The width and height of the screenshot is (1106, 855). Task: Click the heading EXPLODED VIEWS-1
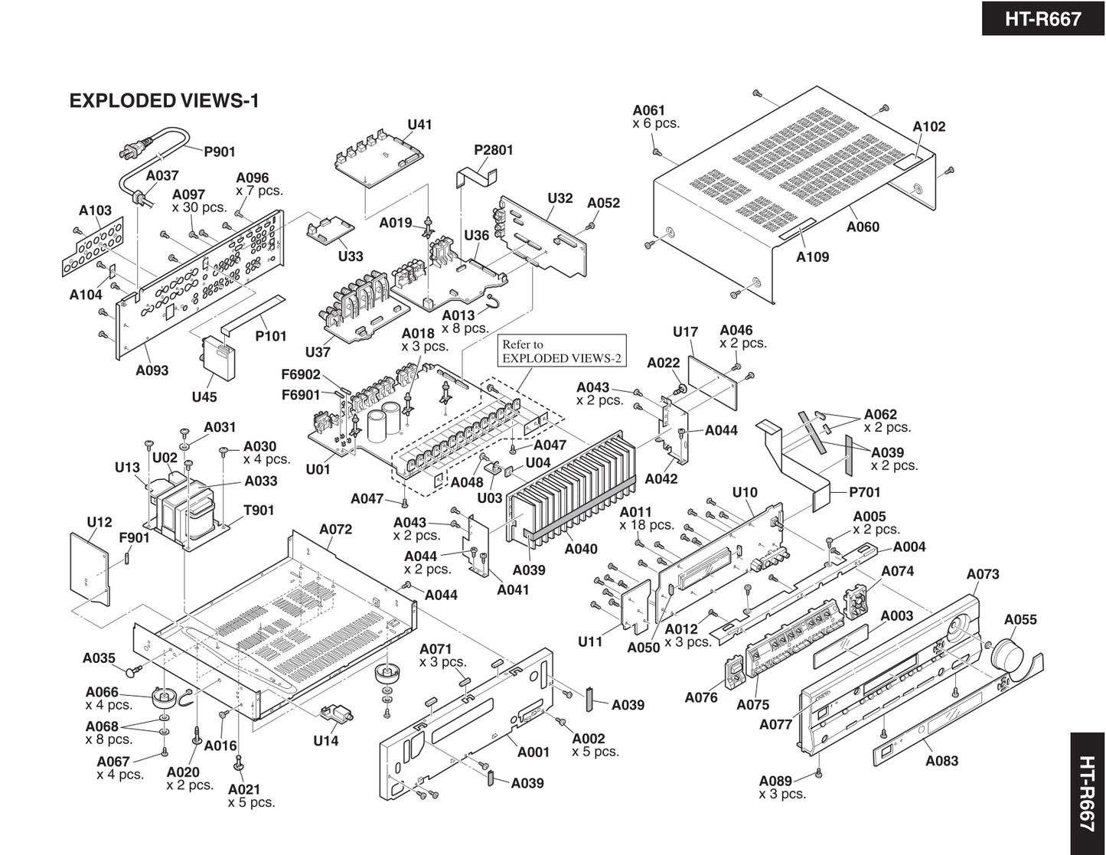(164, 101)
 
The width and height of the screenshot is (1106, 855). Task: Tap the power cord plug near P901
(129, 152)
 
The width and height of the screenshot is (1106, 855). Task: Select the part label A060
(863, 227)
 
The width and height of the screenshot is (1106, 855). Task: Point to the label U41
(419, 124)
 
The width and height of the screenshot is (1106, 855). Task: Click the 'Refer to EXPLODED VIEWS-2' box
(561, 351)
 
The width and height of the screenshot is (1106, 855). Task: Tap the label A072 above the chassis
(335, 529)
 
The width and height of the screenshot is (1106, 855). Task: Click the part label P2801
(493, 150)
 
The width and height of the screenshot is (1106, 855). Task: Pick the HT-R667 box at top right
(1043, 18)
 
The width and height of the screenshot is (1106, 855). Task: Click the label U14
(325, 741)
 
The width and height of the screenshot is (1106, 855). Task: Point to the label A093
(152, 370)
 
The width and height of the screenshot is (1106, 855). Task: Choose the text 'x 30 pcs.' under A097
(199, 207)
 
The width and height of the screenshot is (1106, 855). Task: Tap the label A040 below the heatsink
(581, 549)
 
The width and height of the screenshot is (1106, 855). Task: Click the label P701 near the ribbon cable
(864, 492)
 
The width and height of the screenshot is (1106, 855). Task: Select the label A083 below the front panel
(941, 761)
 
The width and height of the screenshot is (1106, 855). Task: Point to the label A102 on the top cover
(928, 127)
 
